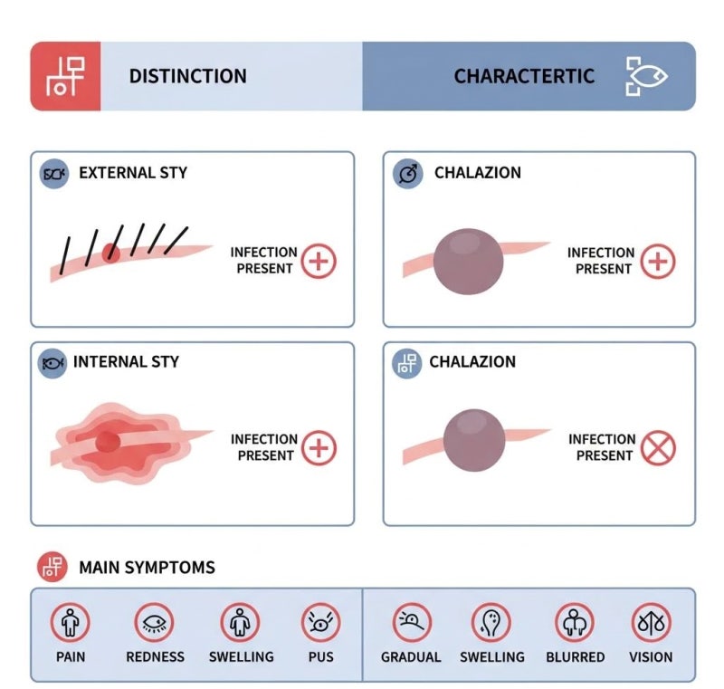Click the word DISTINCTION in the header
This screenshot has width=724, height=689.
pyautogui.click(x=187, y=76)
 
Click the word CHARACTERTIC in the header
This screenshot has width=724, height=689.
pyautogui.click(x=524, y=76)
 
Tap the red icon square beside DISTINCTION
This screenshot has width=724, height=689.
pyautogui.click(x=65, y=76)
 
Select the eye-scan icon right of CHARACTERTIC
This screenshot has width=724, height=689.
pyautogui.click(x=646, y=76)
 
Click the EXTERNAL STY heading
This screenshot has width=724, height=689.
pyautogui.click(x=133, y=173)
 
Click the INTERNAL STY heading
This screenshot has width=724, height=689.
pyautogui.click(x=126, y=361)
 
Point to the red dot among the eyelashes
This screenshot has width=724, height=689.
pyautogui.click(x=110, y=254)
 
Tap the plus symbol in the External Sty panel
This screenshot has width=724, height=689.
pyautogui.click(x=319, y=261)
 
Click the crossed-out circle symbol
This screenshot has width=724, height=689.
pyautogui.click(x=658, y=448)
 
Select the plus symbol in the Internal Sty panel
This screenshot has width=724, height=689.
pyautogui.click(x=319, y=448)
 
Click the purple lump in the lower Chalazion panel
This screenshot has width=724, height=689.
pyautogui.click(x=473, y=440)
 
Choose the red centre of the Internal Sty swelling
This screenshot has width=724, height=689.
pyautogui.click(x=108, y=442)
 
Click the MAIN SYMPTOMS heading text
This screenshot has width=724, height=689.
pyautogui.click(x=147, y=567)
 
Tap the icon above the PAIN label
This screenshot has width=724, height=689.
pyautogui.click(x=71, y=623)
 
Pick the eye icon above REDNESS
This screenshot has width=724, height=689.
pyautogui.click(x=154, y=623)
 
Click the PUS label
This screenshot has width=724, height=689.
pyautogui.click(x=321, y=656)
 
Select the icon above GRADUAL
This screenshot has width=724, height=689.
pyautogui.click(x=412, y=623)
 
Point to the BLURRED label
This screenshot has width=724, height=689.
pyautogui.click(x=576, y=656)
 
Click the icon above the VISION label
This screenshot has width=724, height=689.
pyautogui.click(x=651, y=623)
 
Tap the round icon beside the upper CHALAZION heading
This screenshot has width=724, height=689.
pyautogui.click(x=408, y=174)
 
